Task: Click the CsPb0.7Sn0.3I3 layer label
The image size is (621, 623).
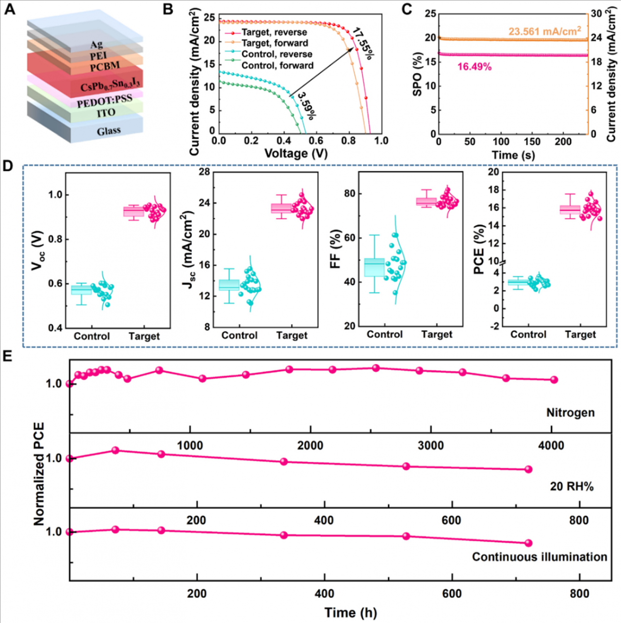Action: tap(110, 86)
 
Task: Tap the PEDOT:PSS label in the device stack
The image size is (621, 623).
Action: tap(104, 101)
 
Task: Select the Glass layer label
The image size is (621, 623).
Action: tap(109, 131)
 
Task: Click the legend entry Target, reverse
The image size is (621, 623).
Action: tap(274, 33)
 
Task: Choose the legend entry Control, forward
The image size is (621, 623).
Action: tap(277, 66)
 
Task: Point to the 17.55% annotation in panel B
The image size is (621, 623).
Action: tap(362, 44)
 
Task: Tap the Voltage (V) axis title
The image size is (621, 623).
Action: tap(296, 154)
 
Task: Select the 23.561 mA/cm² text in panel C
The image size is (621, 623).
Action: tap(544, 32)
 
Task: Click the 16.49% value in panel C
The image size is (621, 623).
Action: tap(474, 67)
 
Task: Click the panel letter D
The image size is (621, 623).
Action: tap(7, 166)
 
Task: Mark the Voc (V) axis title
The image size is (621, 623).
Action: tap(37, 251)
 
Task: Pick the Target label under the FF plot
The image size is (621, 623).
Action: tap(437, 335)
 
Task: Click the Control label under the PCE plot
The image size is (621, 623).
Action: tap(528, 335)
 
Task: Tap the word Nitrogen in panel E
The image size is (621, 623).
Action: tap(570, 413)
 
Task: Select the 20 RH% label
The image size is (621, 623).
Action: tap(572, 486)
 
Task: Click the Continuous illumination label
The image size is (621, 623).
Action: tap(539, 557)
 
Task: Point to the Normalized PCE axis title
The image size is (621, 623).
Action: tap(39, 474)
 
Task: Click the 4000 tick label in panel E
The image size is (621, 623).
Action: tap(551, 445)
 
